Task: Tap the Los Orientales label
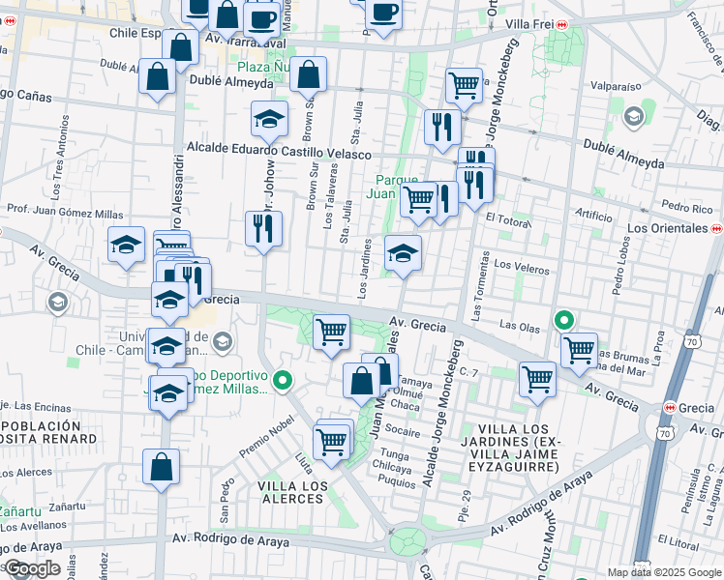[x=667, y=228]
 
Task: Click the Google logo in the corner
[x=32, y=568]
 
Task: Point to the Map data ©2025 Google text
[x=664, y=572]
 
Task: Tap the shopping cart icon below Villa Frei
[x=464, y=85]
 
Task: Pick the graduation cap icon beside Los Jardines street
[x=404, y=254]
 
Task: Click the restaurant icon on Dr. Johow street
[x=263, y=229]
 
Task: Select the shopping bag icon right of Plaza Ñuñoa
[x=309, y=74]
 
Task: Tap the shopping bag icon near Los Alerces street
[x=162, y=467]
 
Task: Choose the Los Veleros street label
[x=522, y=264]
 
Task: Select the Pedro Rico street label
[x=688, y=208]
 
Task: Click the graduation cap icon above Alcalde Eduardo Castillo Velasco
[x=269, y=119]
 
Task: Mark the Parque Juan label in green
[x=396, y=187]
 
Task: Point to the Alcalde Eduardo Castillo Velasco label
[x=279, y=153]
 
